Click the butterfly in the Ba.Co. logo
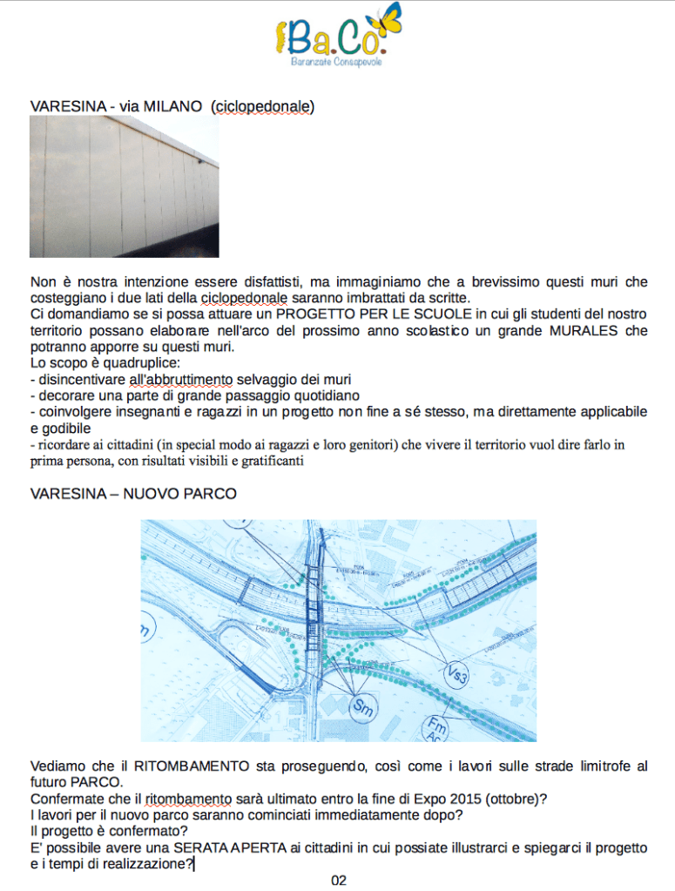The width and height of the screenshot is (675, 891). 389,22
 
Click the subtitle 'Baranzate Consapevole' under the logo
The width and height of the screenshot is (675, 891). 336,63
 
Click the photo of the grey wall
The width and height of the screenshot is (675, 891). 124,186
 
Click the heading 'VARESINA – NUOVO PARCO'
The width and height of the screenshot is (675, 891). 133,494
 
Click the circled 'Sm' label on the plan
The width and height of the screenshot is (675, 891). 363,706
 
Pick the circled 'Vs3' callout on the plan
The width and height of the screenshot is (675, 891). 456,672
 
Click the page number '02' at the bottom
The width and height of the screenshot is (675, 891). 339,881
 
